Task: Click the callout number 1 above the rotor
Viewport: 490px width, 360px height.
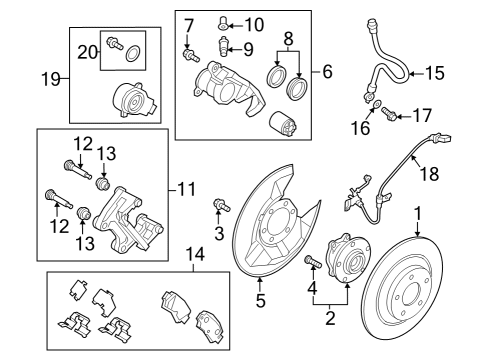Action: (418, 214)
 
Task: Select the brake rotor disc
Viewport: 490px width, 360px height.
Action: (402, 288)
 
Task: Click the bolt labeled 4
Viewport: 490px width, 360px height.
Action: (313, 261)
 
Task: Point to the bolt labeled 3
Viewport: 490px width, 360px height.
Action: (222, 205)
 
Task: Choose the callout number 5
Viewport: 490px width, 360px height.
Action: (260, 300)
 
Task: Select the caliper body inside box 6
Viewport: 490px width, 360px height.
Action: (227, 86)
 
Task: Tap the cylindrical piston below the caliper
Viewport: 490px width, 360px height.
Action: (283, 124)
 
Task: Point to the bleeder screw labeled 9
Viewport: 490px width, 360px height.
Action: (223, 47)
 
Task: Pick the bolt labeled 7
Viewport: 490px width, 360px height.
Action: (191, 55)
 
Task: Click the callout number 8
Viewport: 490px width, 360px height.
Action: (288, 39)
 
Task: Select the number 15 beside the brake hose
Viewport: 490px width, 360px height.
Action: (435, 73)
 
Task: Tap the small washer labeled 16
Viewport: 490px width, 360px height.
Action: (377, 104)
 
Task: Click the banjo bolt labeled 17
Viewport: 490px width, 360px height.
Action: (389, 113)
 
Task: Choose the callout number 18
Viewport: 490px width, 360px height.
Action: (430, 174)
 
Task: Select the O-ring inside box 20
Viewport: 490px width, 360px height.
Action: (133, 54)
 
